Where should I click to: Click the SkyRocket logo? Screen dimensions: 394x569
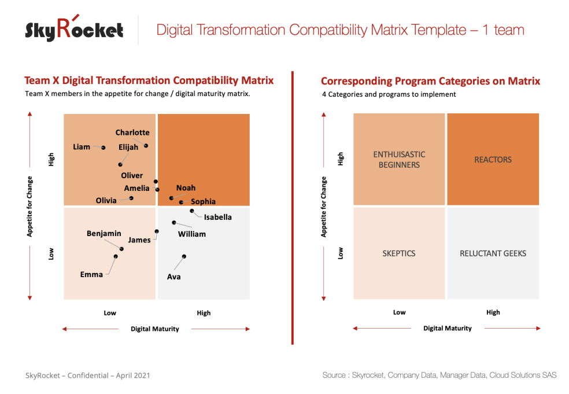74,29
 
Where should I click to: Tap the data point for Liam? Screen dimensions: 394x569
104,148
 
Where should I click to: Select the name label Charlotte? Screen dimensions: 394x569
132,132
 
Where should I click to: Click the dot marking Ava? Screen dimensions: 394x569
184,256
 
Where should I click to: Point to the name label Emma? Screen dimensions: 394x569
91,275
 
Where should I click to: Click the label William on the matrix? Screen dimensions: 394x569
191,234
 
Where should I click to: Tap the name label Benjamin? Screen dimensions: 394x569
104,234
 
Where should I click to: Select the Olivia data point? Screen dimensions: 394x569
131,198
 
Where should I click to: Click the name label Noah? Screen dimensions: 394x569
186,188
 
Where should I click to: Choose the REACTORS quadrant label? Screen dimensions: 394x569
493,160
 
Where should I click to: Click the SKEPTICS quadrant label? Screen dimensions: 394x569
399,253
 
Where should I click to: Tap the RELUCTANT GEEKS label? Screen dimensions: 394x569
493,253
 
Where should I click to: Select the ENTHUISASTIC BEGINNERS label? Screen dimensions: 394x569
399,160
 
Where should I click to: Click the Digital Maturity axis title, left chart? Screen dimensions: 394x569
155,329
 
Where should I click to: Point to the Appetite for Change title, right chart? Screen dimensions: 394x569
324,207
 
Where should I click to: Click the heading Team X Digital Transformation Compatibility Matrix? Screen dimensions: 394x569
149,80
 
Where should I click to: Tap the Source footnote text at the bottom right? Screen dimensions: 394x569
439,375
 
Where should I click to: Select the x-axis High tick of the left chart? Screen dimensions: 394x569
204,313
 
